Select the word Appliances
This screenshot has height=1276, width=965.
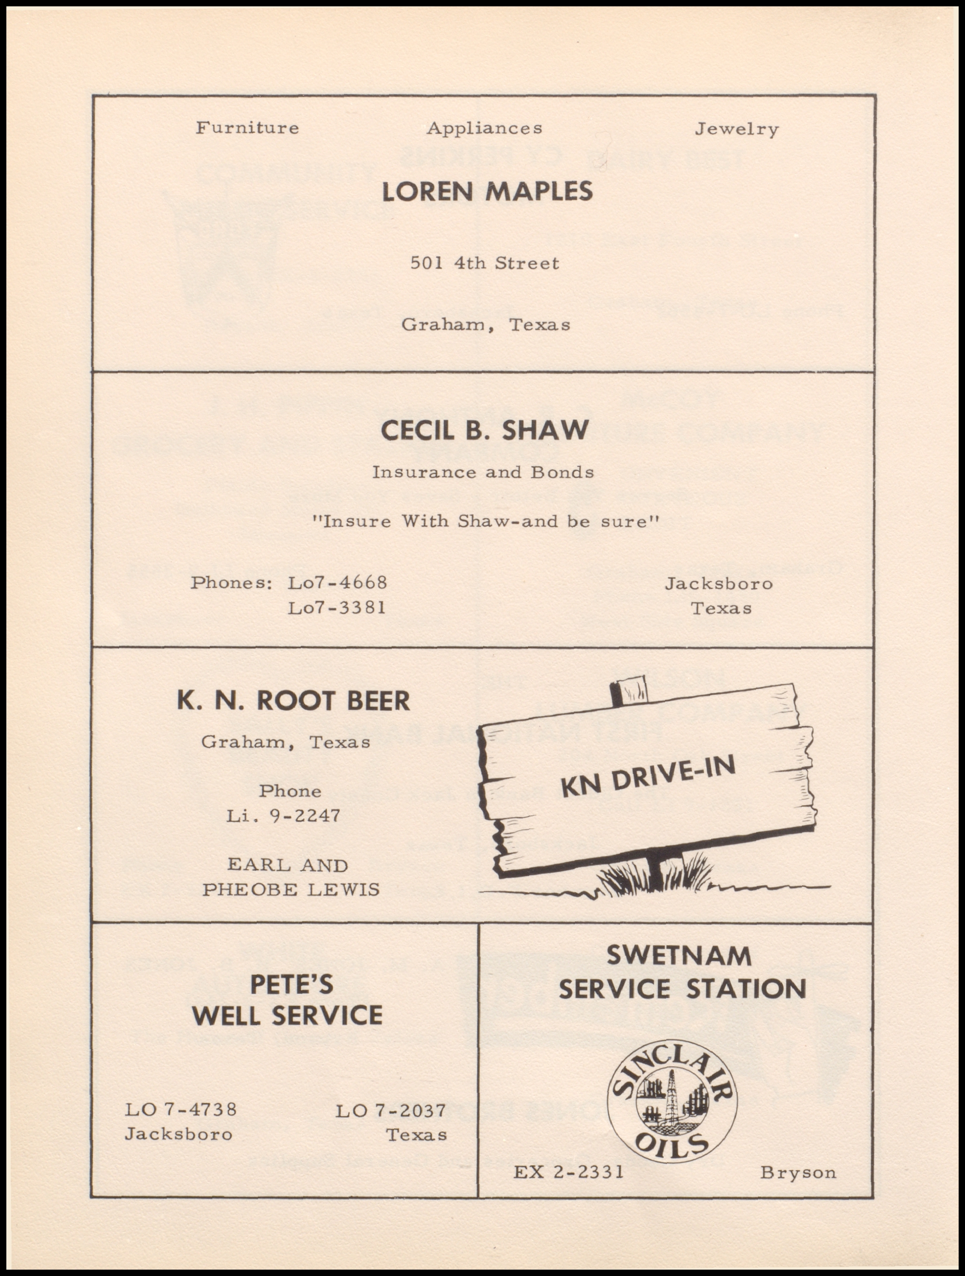point(484,129)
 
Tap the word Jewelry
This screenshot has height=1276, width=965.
point(736,129)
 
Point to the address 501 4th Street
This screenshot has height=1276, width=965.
point(484,263)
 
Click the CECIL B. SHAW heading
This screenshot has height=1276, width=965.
point(484,430)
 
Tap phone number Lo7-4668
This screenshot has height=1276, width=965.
point(337,582)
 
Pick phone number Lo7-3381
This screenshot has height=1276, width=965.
point(337,607)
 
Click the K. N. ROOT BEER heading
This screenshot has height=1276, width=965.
point(293,700)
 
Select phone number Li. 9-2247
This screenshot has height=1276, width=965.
point(283,816)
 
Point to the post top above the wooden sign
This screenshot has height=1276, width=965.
point(629,690)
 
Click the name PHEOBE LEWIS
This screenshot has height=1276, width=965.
point(291,890)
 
